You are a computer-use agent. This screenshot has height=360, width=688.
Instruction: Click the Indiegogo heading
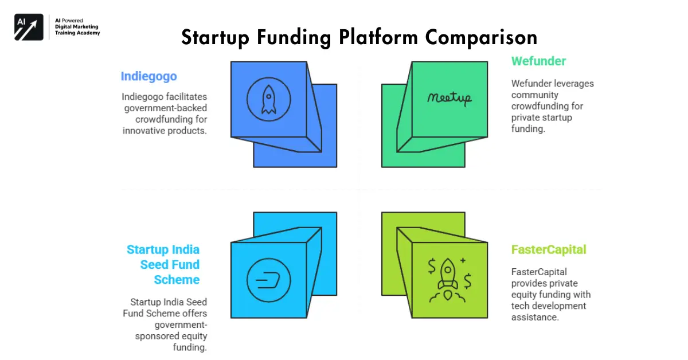click(x=148, y=76)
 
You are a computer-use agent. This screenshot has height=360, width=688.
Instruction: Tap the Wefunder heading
click(x=538, y=61)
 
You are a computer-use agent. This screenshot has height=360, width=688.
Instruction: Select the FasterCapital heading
click(x=549, y=250)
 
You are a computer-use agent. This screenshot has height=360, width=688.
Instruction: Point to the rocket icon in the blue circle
click(x=268, y=100)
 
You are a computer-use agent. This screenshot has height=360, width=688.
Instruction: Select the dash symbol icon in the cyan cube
click(x=268, y=281)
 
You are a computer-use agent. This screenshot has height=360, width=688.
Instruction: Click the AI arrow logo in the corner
click(x=29, y=26)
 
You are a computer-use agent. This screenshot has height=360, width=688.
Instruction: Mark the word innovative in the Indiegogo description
click(x=143, y=131)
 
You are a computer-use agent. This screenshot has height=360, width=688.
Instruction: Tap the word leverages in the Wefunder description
click(x=573, y=84)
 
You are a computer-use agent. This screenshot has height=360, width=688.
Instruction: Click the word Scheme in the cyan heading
click(x=177, y=280)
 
